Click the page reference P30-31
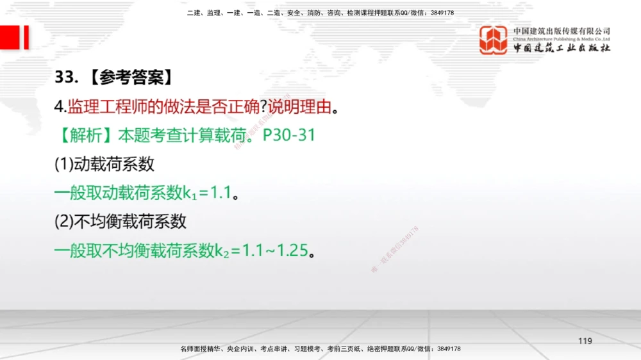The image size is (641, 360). [x=289, y=135]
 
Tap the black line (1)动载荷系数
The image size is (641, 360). [x=104, y=164]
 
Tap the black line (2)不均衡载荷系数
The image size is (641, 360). [x=121, y=222]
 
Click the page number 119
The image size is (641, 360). [x=585, y=341]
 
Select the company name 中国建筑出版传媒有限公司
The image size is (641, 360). [x=562, y=31]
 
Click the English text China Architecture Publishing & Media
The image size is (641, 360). [x=562, y=38]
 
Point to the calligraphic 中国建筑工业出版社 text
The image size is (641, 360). [x=562, y=48]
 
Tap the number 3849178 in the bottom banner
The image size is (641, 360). [x=448, y=348]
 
